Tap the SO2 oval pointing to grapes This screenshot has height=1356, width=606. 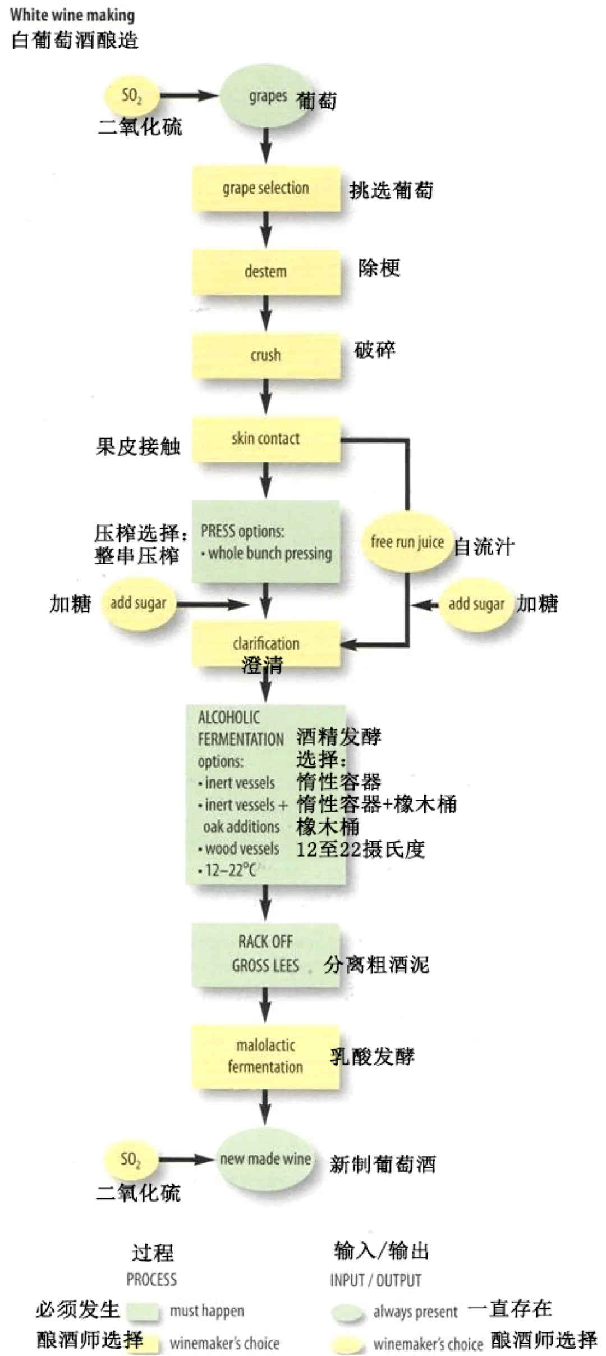point(131,96)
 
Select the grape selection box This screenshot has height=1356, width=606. point(266,188)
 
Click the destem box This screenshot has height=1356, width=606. point(266,272)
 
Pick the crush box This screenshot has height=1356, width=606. point(266,355)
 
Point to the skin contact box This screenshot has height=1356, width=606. point(266,439)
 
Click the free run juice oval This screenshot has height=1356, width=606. point(407,542)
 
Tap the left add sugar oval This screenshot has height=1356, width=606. point(137,603)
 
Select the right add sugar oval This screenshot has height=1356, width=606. point(476,604)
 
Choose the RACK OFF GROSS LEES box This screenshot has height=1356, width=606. point(266,954)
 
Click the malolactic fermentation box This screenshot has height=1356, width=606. point(266,1056)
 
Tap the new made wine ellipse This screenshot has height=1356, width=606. point(265,1159)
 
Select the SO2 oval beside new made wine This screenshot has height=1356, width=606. point(130,1159)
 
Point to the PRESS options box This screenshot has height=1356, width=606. point(266,542)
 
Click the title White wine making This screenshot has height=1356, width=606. point(72,15)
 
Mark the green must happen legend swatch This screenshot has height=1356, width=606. point(143,1311)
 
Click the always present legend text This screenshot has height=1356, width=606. point(415,1312)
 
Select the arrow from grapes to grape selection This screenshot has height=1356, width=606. point(266,146)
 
